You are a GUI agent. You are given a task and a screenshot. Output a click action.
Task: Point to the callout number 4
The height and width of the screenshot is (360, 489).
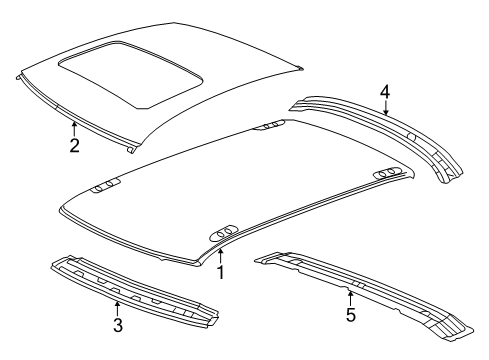pyautogui.click(x=385, y=93)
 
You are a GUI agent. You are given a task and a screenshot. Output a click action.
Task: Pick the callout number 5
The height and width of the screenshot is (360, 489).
pyautogui.click(x=351, y=315)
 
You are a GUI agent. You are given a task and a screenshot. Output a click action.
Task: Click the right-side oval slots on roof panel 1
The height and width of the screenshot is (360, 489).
pyautogui.click(x=392, y=176)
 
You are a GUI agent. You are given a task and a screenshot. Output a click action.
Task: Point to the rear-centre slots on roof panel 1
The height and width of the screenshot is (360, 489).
pyautogui.click(x=269, y=125)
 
